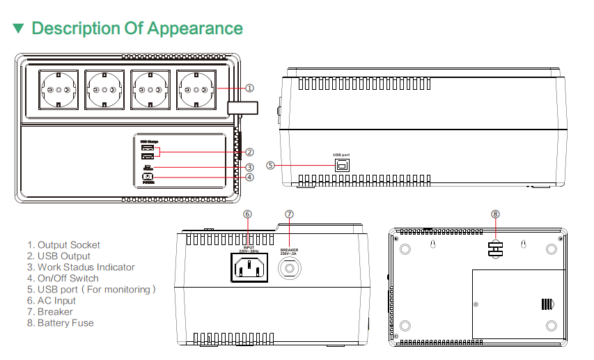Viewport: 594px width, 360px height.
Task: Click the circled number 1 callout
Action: click(x=249, y=88)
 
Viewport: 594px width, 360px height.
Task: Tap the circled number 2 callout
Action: click(x=249, y=152)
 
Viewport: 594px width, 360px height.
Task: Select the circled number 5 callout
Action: click(x=271, y=165)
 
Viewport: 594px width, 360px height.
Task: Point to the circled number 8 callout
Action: click(x=495, y=214)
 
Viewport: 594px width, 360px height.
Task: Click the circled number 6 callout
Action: click(x=247, y=214)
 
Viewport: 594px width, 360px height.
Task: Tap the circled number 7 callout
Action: click(x=289, y=214)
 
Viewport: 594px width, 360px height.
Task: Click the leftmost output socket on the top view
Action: click(x=59, y=90)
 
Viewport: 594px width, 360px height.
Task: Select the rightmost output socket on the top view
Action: click(x=195, y=90)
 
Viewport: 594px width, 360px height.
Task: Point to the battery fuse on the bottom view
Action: click(x=495, y=250)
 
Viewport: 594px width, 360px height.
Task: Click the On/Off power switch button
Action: click(x=147, y=177)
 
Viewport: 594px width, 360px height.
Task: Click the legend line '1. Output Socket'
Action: click(x=63, y=245)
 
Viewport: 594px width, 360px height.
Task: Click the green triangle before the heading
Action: click(x=18, y=29)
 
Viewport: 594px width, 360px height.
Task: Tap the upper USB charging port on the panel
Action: click(x=147, y=148)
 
